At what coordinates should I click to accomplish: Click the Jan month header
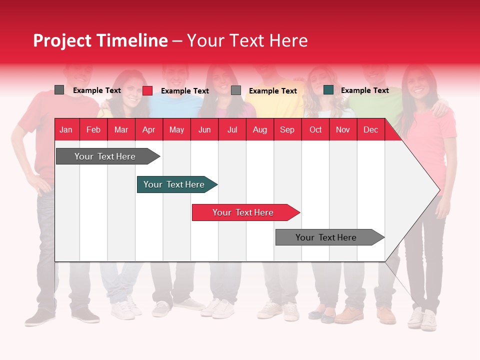(66, 129)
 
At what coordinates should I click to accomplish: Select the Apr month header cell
(149, 129)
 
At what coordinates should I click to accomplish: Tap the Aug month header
(259, 129)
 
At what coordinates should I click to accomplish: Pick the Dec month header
(370, 129)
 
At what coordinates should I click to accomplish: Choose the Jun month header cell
(204, 129)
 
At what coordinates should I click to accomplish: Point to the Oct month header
(315, 129)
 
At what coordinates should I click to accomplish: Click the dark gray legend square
(59, 90)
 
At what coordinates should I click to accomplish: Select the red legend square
(147, 90)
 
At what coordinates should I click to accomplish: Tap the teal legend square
(328, 90)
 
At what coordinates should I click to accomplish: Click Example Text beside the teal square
(364, 90)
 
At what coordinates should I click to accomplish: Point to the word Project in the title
(62, 40)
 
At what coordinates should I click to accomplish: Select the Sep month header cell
(287, 129)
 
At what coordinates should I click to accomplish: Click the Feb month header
(93, 129)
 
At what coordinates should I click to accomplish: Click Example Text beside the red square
(184, 90)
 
